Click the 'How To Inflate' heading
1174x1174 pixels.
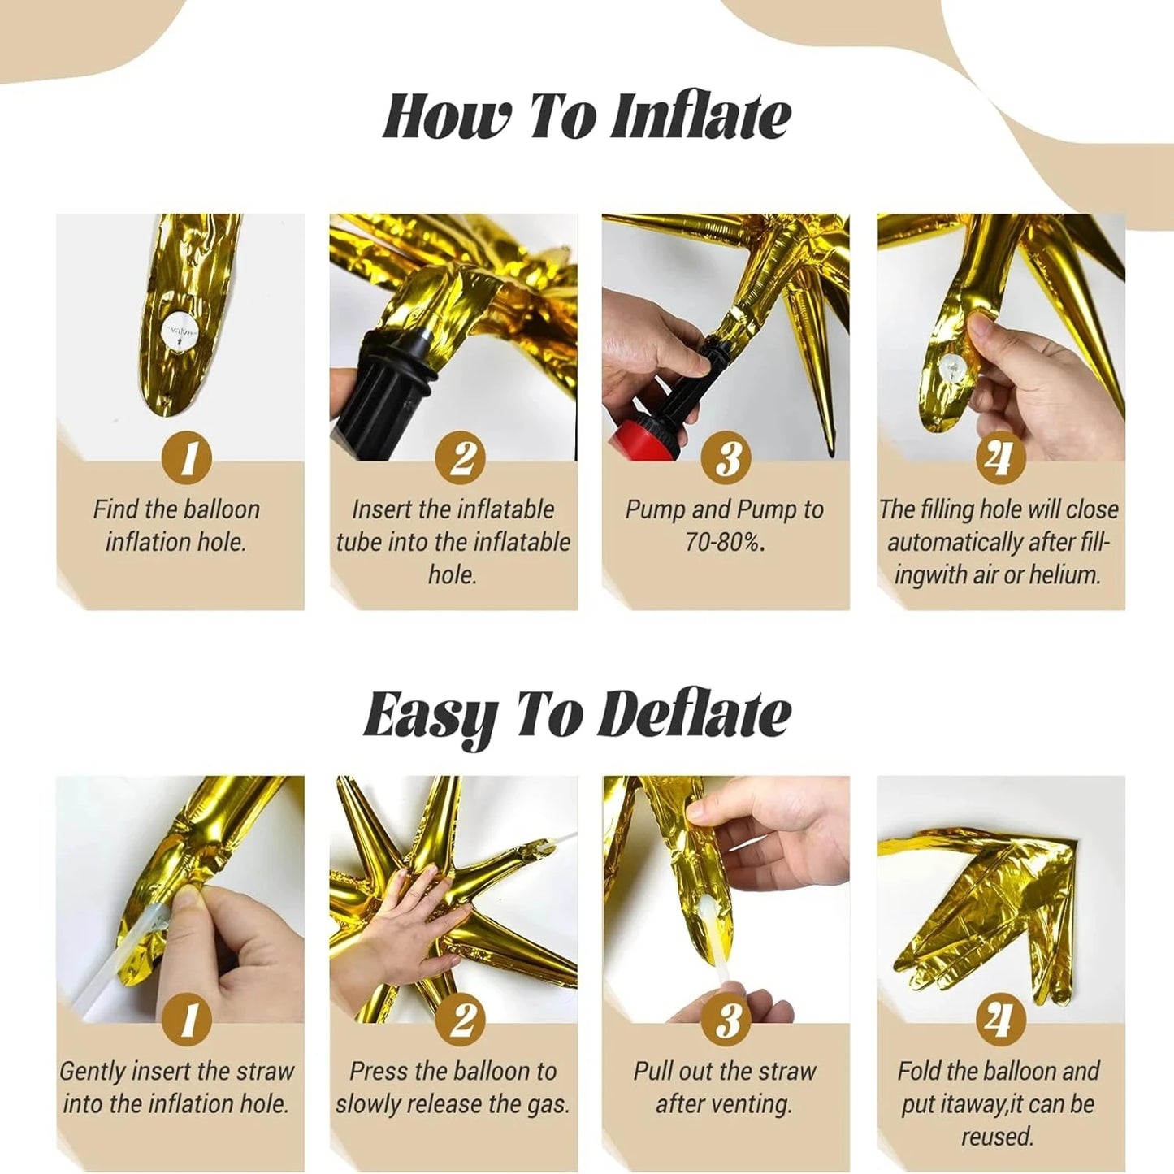point(586,117)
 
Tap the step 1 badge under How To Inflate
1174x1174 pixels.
point(188,457)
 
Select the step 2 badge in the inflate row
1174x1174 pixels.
point(460,457)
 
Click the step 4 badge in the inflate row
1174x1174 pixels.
point(1000,457)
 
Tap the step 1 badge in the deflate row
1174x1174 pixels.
point(188,1020)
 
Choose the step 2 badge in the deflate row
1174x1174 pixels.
point(460,1020)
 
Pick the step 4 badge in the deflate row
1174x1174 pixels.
point(1000,1020)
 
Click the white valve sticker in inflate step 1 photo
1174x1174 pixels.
point(178,334)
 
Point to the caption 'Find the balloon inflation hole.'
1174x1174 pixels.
point(176,526)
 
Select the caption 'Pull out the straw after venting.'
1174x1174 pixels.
point(725,1088)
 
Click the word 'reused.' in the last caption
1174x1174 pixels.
point(998,1136)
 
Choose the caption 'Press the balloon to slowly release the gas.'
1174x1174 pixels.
point(453,1088)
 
